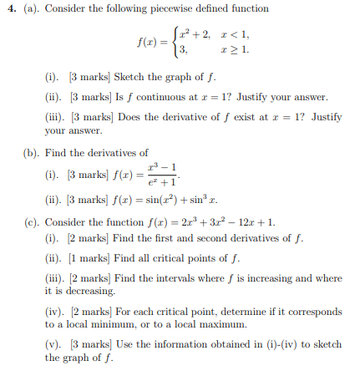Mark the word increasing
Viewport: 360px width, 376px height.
pyautogui.click(x=250, y=275)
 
